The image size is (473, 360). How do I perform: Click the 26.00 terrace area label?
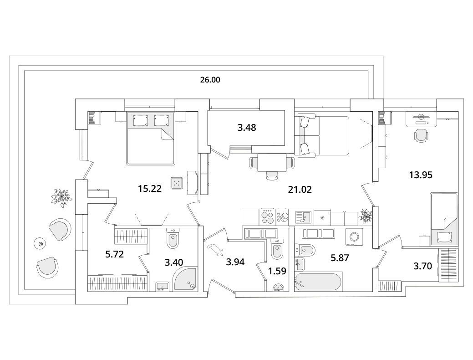tap(210, 80)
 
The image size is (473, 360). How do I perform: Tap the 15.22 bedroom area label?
tap(150, 189)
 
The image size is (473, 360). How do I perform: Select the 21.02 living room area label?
tap(300, 190)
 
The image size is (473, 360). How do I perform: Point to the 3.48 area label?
tap(247, 128)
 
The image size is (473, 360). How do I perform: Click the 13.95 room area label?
tap(421, 175)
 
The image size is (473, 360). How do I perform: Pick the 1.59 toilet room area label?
tap(277, 271)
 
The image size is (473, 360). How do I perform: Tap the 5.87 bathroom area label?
tap(340, 257)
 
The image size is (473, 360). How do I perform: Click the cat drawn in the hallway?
tap(215, 249)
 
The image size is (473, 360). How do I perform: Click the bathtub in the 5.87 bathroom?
tap(318, 282)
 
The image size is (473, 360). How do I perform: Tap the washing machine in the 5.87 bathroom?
tap(355, 235)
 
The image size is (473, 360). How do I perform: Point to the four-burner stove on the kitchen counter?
tap(267, 216)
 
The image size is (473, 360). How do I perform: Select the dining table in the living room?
tap(272, 163)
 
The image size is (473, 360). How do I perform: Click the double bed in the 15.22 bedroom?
tap(151, 139)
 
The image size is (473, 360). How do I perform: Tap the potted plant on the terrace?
tap(61, 197)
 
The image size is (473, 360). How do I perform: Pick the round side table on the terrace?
tap(40, 243)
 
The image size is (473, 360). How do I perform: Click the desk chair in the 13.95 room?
tap(421, 135)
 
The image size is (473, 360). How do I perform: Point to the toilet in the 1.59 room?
tap(278, 249)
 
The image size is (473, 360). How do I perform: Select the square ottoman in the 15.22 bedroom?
tap(177, 183)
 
